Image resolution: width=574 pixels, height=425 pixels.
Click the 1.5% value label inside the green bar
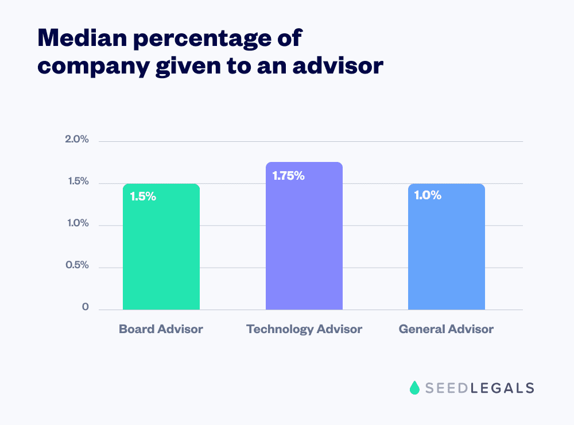click(x=143, y=196)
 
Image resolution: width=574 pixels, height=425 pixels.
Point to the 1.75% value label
click(x=288, y=176)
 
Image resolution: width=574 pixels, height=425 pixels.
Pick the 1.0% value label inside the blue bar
click(x=428, y=195)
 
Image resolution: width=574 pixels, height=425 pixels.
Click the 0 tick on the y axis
click(x=86, y=307)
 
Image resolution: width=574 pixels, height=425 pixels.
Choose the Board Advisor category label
click(x=161, y=329)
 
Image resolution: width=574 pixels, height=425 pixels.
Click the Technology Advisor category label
click(x=304, y=329)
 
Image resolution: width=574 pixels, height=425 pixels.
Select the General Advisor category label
click(x=446, y=329)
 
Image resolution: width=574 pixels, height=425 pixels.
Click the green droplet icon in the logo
click(x=414, y=388)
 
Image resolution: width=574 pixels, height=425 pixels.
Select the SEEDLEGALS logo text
click(x=480, y=388)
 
